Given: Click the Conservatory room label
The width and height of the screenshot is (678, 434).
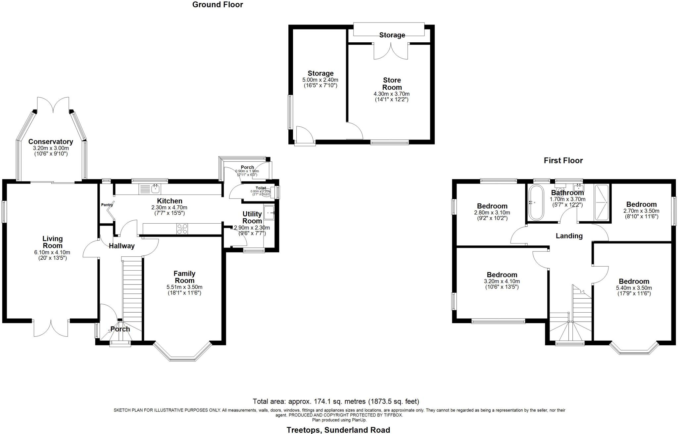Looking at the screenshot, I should point(50,142).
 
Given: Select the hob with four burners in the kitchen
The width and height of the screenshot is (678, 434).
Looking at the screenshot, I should point(182,229).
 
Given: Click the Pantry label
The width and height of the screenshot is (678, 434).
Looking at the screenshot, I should point(107,205).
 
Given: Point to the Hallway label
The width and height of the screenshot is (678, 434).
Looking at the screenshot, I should point(122,246).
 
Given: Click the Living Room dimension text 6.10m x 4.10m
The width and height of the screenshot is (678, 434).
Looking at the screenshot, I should point(52,252).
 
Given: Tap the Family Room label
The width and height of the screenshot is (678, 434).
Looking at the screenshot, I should point(184,277).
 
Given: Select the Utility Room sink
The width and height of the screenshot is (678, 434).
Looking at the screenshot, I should point(269,212).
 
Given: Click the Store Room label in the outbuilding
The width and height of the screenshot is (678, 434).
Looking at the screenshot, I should point(392,84).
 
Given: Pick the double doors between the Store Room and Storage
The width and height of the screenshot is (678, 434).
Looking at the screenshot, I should point(391,51).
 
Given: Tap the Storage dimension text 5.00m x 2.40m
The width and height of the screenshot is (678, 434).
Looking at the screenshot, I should point(320,80).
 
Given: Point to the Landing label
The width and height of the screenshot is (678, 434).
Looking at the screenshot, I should point(569,236).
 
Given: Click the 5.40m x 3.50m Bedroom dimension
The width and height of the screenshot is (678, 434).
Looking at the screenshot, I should point(634,288).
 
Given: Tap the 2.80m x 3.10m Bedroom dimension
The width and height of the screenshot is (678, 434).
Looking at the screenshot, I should point(492,213).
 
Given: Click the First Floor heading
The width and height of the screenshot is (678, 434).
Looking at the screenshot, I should point(563,160).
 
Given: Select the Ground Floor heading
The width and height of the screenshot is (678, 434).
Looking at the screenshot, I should point(218,5).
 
